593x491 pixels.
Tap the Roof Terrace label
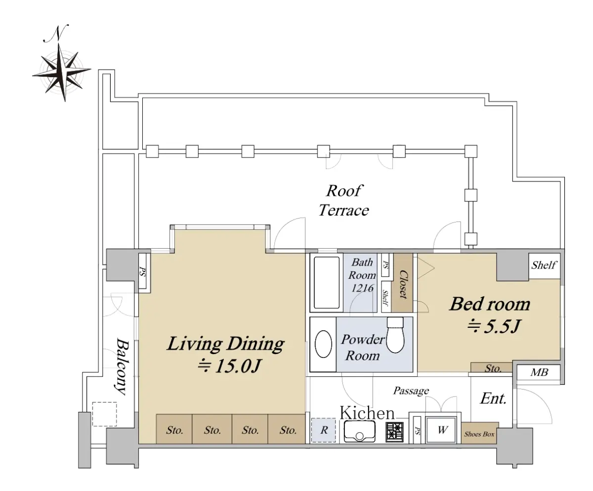[343, 201]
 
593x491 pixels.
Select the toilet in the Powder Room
[395, 335]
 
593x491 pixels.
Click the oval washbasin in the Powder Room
[323, 344]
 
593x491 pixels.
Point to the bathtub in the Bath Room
[327, 282]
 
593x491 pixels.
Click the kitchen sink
[360, 431]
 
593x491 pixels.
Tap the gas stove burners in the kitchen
[394, 432]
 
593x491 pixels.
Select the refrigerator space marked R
[324, 430]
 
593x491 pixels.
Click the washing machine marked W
[441, 430]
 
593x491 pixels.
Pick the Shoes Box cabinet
[479, 433]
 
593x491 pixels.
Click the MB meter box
[539, 372]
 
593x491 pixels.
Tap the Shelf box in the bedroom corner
[544, 266]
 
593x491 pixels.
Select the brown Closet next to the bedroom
[402, 283]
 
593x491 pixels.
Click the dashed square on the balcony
[104, 414]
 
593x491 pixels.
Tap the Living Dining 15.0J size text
[229, 366]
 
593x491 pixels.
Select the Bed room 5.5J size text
[494, 326]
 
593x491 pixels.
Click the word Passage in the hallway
[411, 391]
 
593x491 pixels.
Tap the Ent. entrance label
[493, 399]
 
